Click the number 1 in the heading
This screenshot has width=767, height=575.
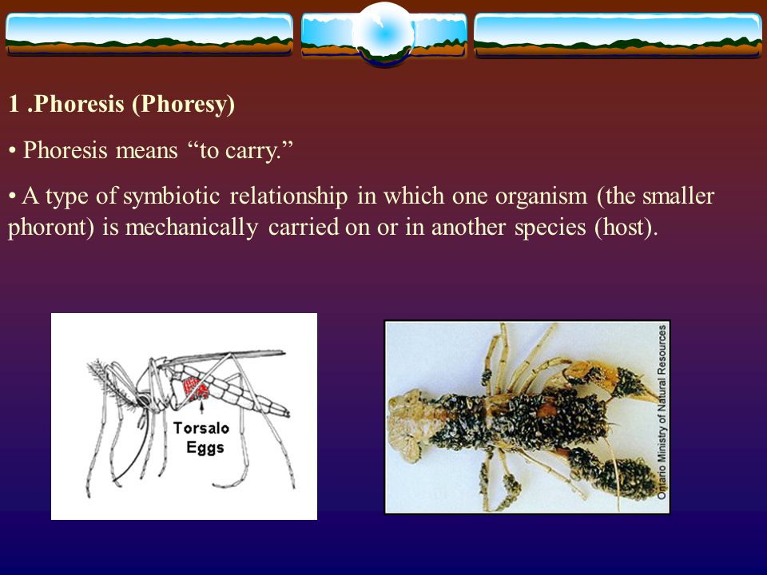click(14, 105)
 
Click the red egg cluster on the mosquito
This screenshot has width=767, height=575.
click(196, 389)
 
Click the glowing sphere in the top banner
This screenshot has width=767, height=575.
click(383, 34)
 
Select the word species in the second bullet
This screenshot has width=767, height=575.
click(550, 228)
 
